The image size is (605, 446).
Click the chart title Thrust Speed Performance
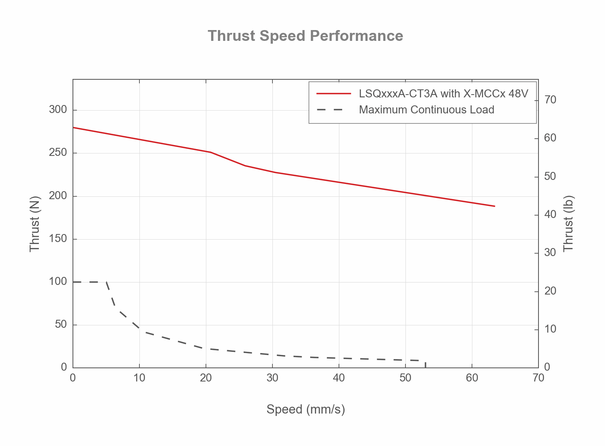click(x=305, y=36)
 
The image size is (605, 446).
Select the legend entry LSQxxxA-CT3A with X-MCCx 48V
click(x=444, y=94)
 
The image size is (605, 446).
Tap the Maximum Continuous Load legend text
click(x=426, y=110)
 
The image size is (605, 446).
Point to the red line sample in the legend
click(x=333, y=94)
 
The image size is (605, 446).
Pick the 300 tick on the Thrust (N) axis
click(x=58, y=110)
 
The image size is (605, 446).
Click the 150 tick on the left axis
click(x=58, y=239)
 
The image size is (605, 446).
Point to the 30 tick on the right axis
click(x=551, y=252)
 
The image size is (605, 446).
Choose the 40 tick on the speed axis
click(x=339, y=378)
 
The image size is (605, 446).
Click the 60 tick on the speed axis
click(x=472, y=378)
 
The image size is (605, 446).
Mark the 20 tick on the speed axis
click(x=206, y=378)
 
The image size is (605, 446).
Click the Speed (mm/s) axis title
click(x=306, y=410)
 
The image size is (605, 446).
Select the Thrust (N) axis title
click(x=35, y=224)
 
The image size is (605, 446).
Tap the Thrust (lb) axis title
click(x=569, y=224)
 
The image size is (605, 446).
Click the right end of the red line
click(x=495, y=206)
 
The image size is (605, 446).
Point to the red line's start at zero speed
click(x=73, y=127)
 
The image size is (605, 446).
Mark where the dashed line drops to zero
click(x=425, y=367)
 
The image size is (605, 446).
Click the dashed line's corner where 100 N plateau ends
click(x=107, y=282)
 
